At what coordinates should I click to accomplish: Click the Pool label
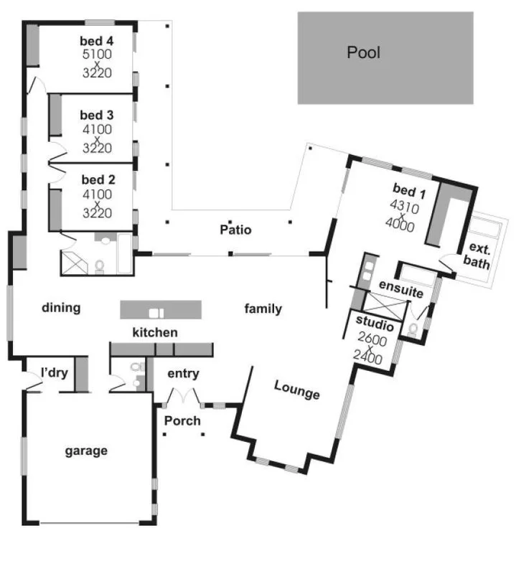coord(363,52)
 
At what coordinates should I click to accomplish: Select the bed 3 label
coord(96,115)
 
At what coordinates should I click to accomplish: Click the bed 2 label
coord(96,179)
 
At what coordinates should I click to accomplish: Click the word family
coord(263,309)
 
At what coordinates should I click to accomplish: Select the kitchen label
coord(154,332)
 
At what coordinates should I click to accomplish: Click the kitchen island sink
coord(156,312)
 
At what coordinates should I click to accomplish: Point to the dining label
coord(61,308)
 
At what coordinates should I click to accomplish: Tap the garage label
coord(86,451)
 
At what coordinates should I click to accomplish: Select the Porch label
coord(184,420)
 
